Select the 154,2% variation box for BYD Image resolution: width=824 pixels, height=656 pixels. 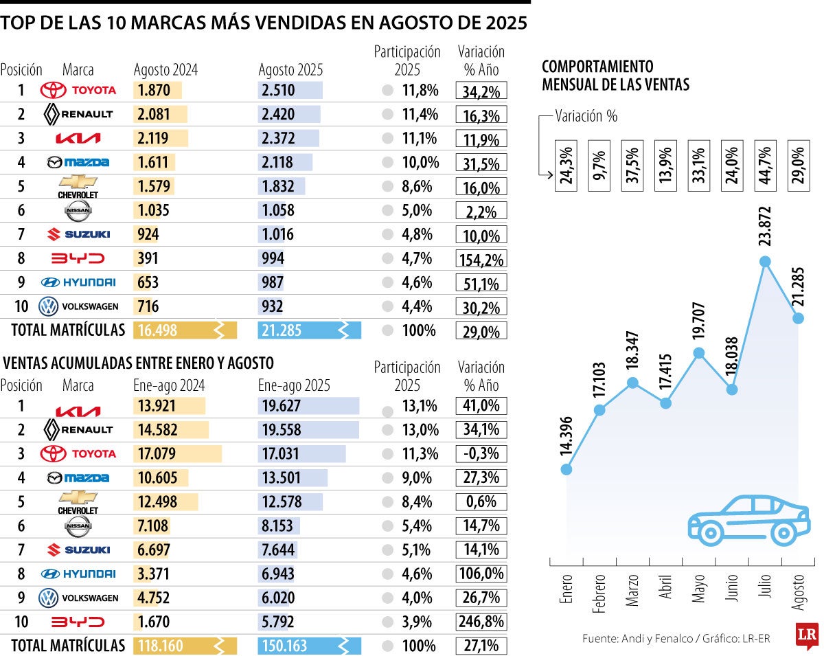[481, 259]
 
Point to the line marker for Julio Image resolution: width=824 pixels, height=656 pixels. [765, 262]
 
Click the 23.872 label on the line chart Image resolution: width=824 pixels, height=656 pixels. [766, 227]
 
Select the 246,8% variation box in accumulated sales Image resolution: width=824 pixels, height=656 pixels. [481, 622]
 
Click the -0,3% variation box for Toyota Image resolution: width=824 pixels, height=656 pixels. [481, 453]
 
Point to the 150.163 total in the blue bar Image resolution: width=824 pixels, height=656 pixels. [282, 646]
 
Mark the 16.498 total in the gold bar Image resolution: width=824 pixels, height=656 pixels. [157, 330]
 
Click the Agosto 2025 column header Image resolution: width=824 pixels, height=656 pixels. [290, 69]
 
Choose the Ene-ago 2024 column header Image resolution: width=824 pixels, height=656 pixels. [169, 385]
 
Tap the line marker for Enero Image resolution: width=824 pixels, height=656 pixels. [566, 469]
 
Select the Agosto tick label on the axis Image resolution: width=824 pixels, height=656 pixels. [799, 591]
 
